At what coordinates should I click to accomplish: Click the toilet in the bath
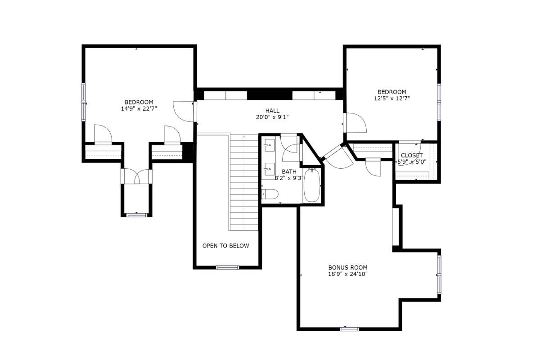point(270,194)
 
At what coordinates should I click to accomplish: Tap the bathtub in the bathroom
point(312,185)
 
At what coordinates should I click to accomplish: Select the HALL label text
point(272,111)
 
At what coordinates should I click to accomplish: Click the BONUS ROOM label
point(348,267)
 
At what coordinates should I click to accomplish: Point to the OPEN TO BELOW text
point(225,246)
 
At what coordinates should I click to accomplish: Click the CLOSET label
point(412,155)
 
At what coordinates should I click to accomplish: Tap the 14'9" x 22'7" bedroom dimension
point(139,109)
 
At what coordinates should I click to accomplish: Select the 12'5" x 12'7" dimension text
point(392,99)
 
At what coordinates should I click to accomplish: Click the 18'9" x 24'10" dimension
point(348,274)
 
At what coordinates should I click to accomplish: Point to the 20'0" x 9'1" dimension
point(272,117)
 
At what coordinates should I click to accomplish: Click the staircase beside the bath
point(244,183)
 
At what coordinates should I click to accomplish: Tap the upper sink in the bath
point(270,145)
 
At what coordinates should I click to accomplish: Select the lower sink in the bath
point(270,169)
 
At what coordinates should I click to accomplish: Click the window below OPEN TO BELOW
point(228,267)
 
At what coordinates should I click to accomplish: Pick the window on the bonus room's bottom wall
point(350,329)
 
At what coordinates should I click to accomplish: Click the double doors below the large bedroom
point(137,176)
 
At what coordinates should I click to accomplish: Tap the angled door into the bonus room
point(337,156)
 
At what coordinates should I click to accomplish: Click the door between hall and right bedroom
point(355,123)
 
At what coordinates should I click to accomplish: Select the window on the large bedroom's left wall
point(83,102)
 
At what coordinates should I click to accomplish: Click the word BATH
point(289,172)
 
